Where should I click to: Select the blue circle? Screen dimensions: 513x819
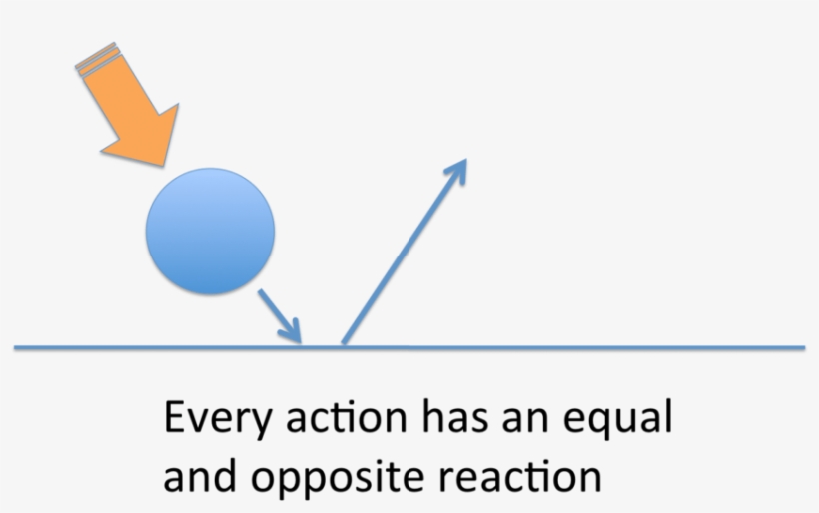click(210, 232)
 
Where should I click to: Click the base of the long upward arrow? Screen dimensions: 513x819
click(345, 342)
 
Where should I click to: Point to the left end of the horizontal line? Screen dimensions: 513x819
click(17, 348)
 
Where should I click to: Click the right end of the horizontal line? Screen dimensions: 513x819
click(802, 348)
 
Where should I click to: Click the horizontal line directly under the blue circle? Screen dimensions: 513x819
click(210, 348)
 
